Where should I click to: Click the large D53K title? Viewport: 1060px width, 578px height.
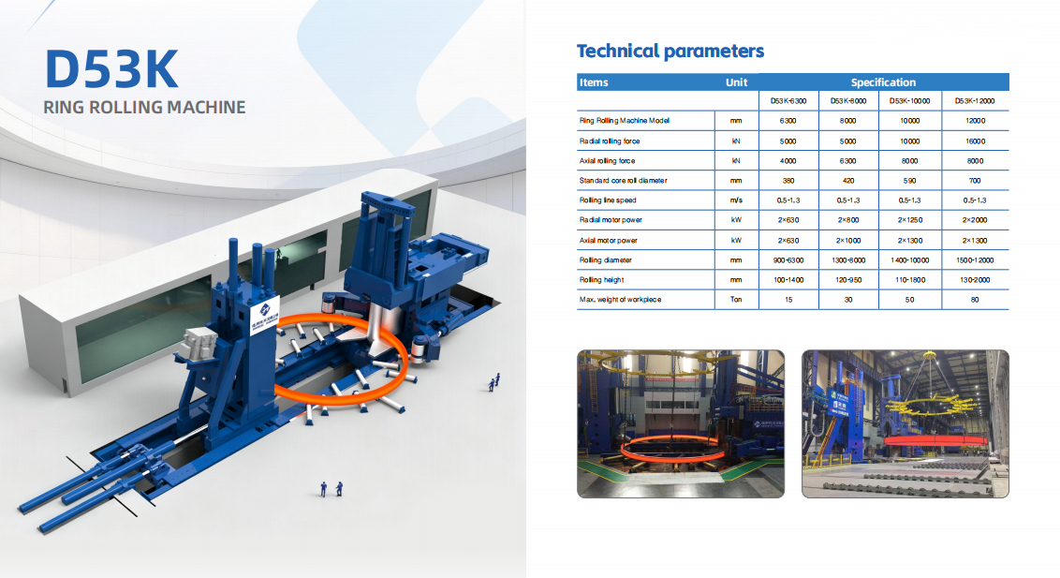[111, 69]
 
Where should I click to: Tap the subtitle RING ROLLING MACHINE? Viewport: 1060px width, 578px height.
[144, 108]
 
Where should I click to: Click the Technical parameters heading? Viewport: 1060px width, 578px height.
[670, 52]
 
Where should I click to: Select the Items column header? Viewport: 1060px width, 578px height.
[594, 82]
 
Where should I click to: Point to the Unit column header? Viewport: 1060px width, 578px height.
[736, 82]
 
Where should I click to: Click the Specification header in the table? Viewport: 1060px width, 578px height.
[883, 82]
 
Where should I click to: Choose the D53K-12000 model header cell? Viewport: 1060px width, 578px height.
[974, 101]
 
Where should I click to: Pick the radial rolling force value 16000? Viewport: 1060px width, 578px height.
[975, 141]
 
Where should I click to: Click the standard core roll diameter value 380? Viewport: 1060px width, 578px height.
[788, 181]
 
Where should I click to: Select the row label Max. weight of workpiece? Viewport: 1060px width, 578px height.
[620, 300]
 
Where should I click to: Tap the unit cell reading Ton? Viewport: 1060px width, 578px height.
[736, 300]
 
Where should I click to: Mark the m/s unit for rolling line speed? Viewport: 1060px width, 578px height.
[736, 200]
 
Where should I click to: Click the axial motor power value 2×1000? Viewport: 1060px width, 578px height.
[848, 240]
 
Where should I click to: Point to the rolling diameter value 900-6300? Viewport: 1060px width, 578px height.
[788, 260]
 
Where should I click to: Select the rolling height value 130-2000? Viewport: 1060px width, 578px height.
[975, 280]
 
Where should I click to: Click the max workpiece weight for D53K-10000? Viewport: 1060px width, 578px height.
[909, 300]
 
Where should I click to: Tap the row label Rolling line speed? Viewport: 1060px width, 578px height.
[608, 200]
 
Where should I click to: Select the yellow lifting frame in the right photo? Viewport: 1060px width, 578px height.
[930, 406]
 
